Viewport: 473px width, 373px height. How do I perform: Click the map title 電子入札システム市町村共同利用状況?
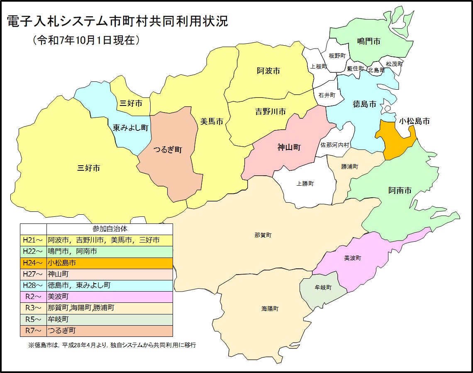[x=117, y=22]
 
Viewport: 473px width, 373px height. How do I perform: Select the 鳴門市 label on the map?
[x=369, y=41]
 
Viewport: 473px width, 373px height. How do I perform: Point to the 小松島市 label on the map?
[x=414, y=121]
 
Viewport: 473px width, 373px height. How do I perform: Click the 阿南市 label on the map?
[x=400, y=190]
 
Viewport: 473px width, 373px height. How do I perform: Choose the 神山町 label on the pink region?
[x=289, y=147]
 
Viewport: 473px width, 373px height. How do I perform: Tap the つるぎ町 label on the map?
[x=168, y=150]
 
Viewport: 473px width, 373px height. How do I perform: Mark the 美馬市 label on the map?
[x=212, y=121]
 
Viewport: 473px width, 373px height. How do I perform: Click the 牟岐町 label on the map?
[x=323, y=287]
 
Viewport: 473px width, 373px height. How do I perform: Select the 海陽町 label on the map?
[x=270, y=309]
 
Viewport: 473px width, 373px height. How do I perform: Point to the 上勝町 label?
[x=305, y=184]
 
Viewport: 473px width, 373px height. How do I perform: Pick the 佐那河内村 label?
[x=335, y=145]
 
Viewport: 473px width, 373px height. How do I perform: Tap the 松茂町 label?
[x=394, y=64]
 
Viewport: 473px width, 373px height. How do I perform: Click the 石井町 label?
[x=327, y=95]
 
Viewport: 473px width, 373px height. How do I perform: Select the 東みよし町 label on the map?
[x=131, y=128]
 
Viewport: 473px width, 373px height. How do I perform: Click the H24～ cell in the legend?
[x=33, y=263]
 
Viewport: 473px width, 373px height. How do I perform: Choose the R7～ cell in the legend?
[x=33, y=331]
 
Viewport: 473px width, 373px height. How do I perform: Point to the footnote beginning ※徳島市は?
[x=112, y=345]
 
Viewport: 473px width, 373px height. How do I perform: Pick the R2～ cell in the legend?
[x=33, y=297]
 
